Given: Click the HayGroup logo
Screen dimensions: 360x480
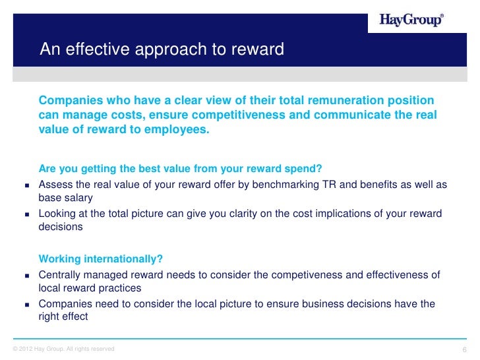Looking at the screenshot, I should [411, 20].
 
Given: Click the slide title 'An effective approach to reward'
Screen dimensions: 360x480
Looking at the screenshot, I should [162, 50].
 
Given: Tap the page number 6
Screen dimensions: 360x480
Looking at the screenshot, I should [465, 349].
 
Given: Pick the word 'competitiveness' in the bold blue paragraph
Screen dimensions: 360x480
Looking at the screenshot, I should [258, 115].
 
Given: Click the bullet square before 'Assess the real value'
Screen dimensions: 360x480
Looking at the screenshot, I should [27, 185].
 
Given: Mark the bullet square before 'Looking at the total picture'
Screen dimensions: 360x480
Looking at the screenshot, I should [27, 214].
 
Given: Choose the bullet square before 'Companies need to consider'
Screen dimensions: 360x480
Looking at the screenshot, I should [27, 305].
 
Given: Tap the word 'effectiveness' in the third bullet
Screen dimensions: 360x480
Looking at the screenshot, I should [400, 275].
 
